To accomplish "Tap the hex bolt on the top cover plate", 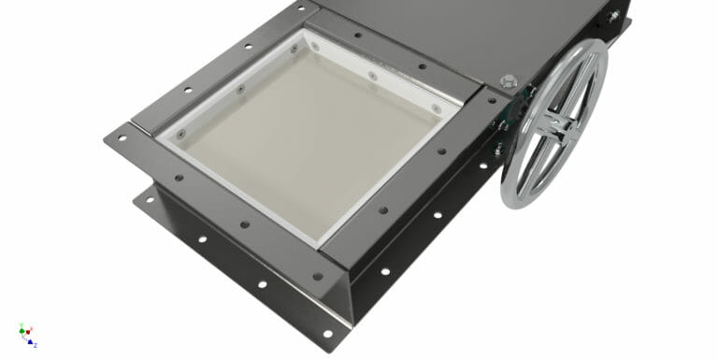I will [509, 81].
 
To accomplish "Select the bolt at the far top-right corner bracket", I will [614, 16].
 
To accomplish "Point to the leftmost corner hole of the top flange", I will [119, 139].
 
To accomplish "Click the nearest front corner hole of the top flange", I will [317, 277].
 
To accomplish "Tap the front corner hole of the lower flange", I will [326, 333].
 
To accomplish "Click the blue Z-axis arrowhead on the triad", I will [31, 341].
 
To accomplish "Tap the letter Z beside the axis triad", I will [36, 345].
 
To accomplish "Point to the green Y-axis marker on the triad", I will [22, 329].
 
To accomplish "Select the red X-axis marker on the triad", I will [29, 330].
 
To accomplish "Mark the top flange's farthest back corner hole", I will [302, 8].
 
